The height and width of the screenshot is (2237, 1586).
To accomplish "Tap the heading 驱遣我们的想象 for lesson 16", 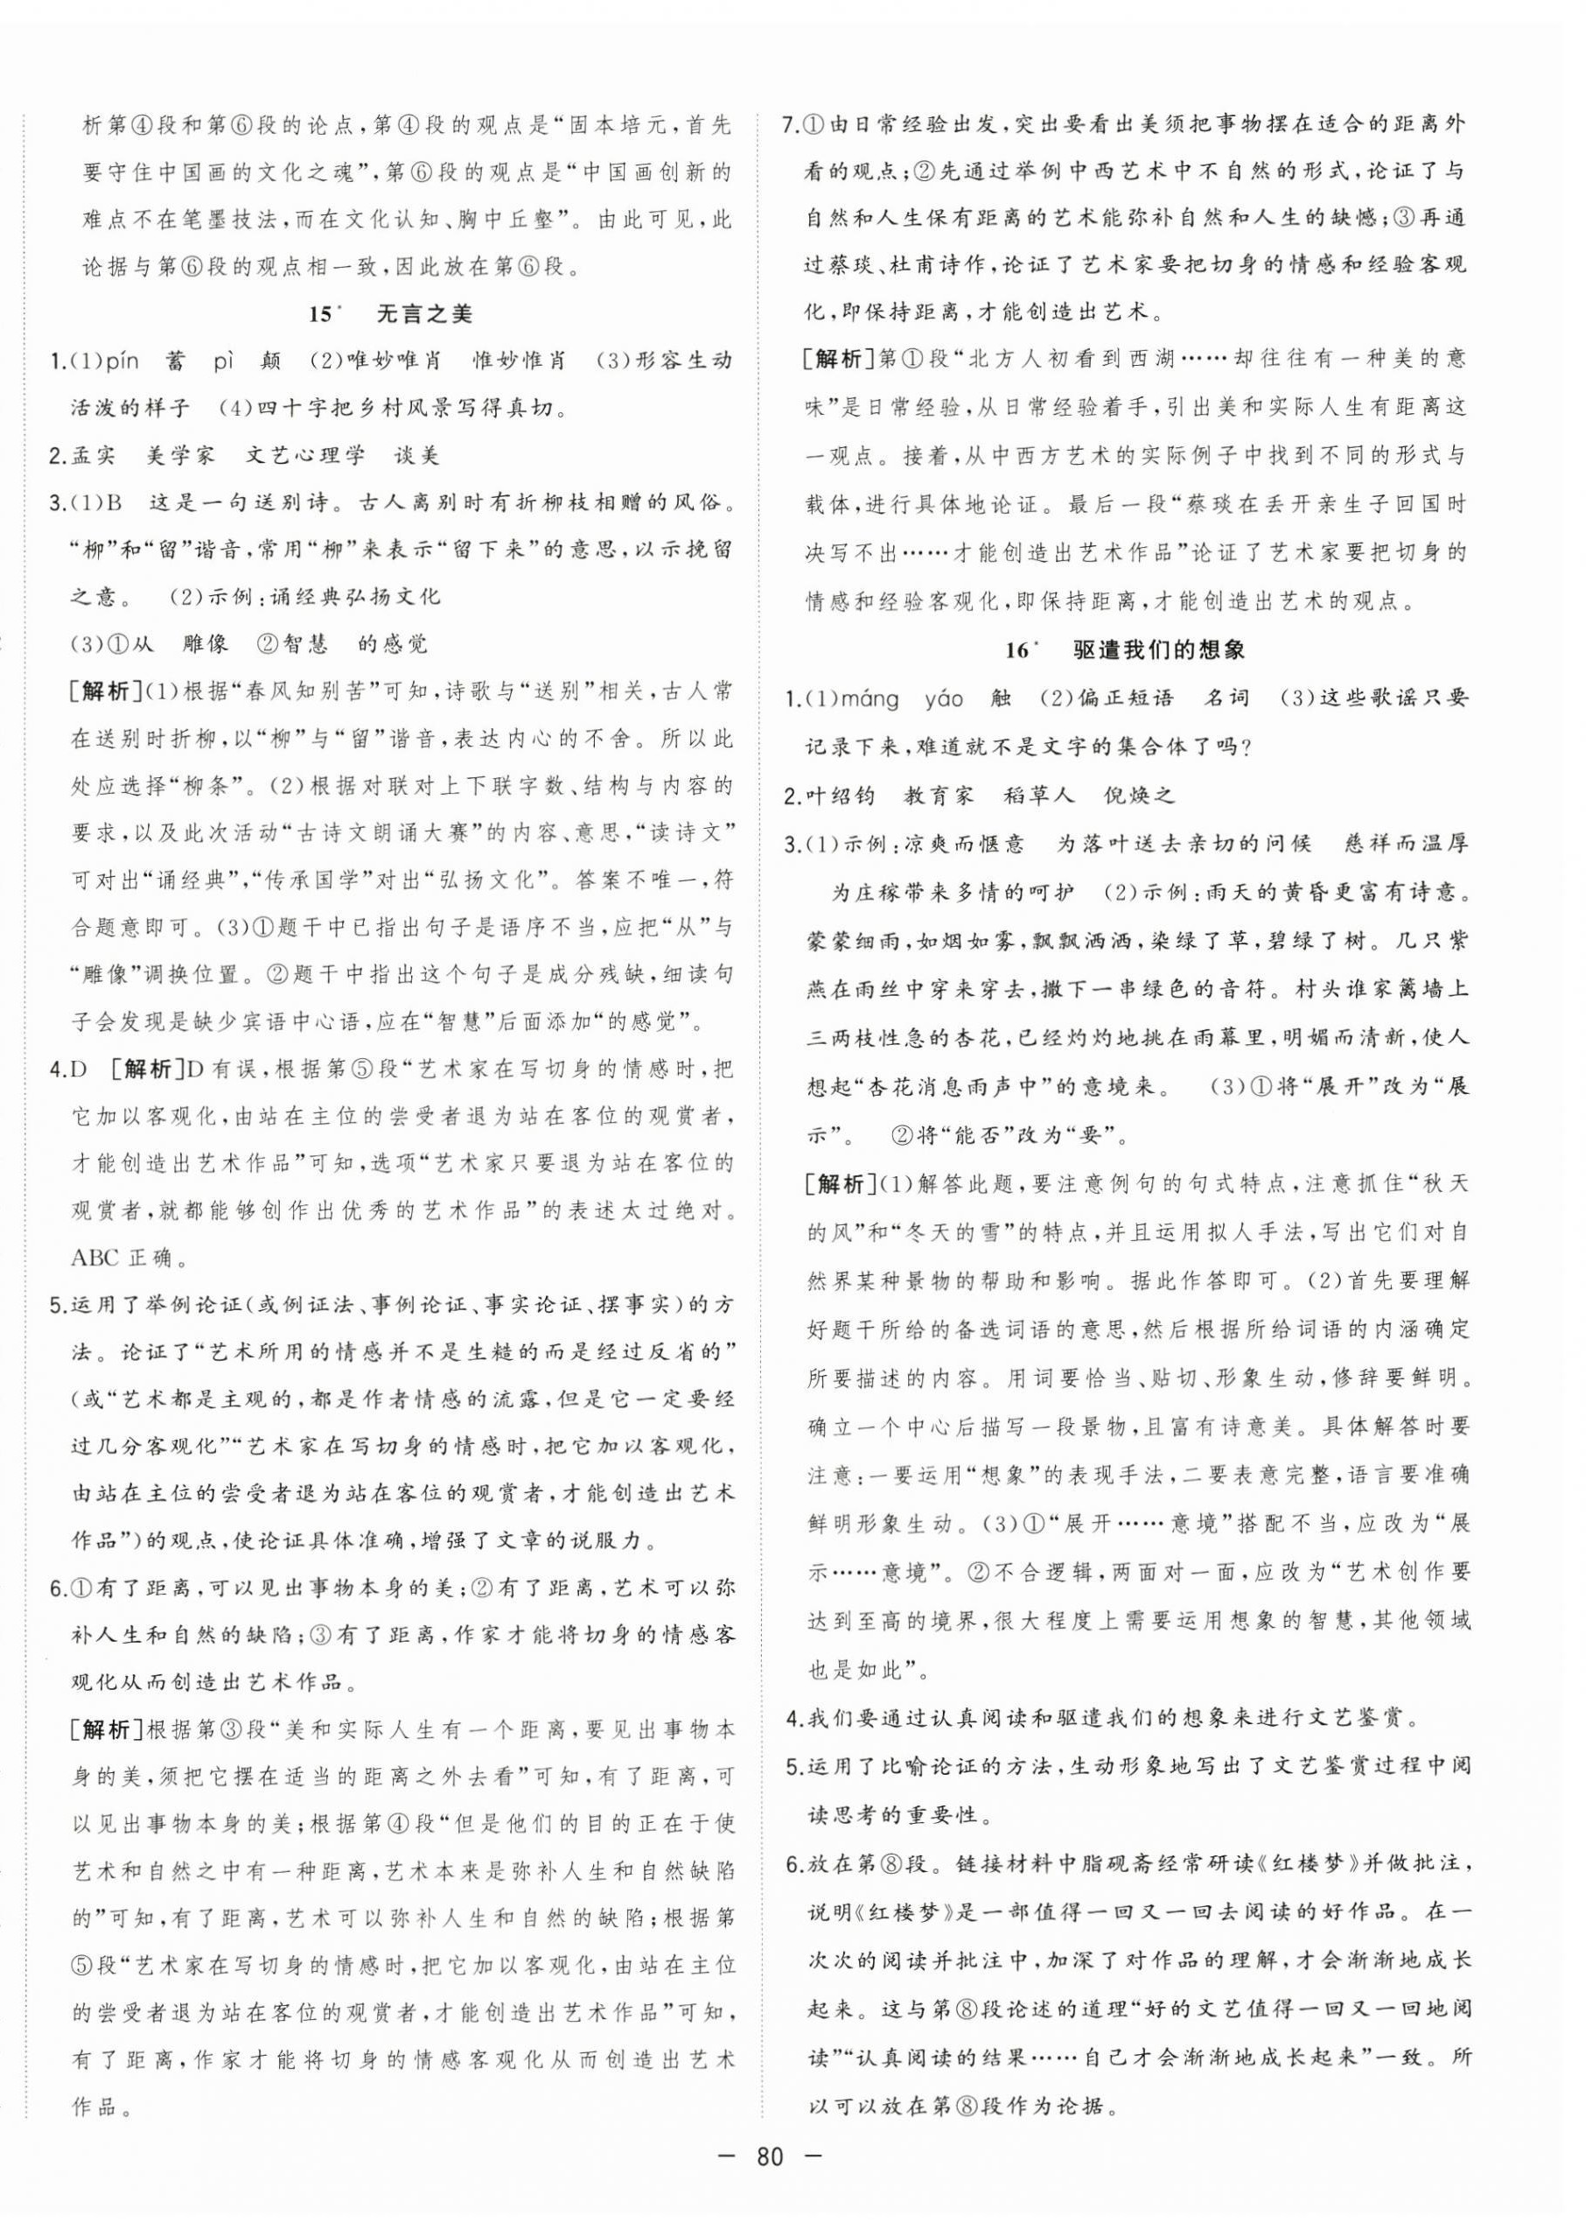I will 1171,649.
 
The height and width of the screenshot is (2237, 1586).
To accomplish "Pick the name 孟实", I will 95,454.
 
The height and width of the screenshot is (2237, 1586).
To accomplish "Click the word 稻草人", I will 1039,794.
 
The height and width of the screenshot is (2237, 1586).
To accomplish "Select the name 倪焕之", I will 1139,794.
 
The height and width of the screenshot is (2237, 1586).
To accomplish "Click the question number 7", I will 791,126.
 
